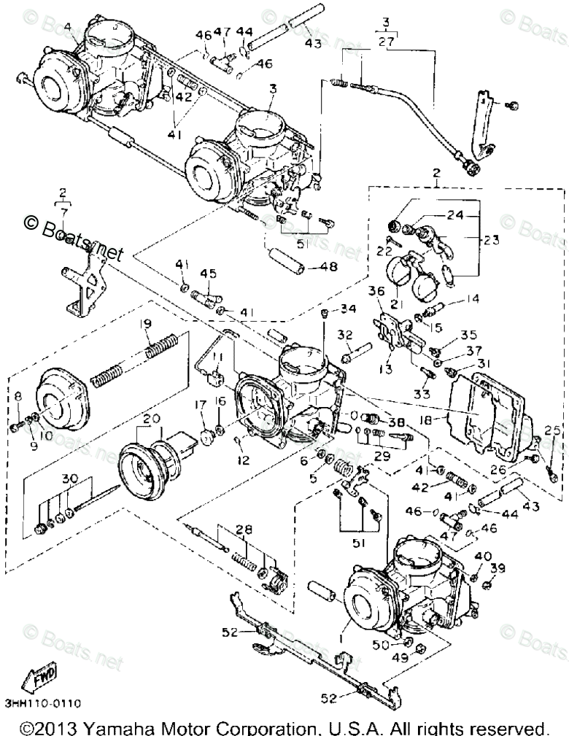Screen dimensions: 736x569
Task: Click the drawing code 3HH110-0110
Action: (x=42, y=703)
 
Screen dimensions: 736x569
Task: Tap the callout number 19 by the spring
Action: (x=146, y=323)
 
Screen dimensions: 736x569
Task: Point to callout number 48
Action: (x=329, y=266)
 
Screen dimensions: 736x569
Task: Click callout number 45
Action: (x=209, y=274)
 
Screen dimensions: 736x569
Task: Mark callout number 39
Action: (x=498, y=568)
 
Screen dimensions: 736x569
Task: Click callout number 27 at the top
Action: (x=386, y=42)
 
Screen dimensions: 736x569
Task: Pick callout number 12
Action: (x=244, y=460)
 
